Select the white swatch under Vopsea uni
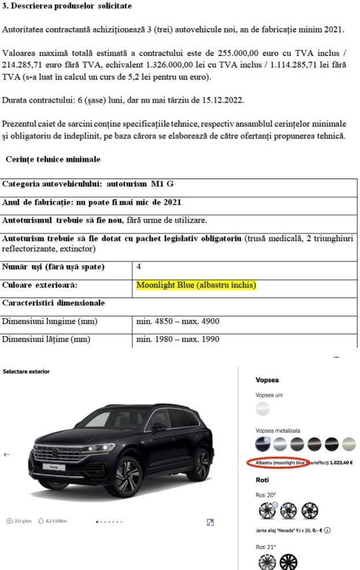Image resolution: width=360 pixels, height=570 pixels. [x=263, y=409]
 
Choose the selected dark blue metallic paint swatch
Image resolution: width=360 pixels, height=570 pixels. [x=262, y=444]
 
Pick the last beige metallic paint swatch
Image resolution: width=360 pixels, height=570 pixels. [x=348, y=444]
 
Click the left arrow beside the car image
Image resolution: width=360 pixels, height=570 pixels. [x=6, y=454]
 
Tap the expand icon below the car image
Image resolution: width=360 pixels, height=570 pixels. [x=210, y=523]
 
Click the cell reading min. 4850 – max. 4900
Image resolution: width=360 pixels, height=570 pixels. [x=178, y=321]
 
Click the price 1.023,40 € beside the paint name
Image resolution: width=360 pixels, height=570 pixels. [x=341, y=463]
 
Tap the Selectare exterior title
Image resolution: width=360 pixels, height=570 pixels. [x=26, y=371]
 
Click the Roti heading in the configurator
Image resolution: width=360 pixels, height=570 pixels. [x=262, y=480]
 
